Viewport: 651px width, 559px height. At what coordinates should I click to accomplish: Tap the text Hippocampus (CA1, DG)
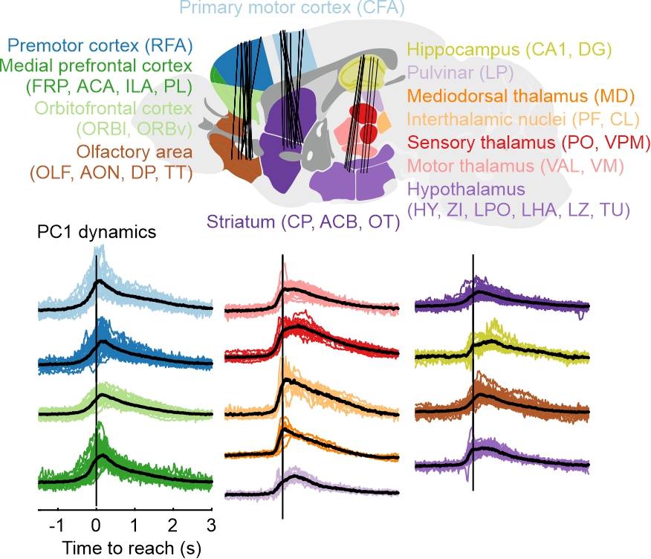[x=509, y=51]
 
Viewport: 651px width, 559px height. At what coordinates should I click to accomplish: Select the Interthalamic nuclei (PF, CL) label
[x=514, y=119]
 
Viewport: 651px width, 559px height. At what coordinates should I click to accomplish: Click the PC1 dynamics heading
[x=97, y=231]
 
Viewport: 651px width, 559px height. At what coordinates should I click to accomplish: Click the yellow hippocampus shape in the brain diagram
[x=360, y=74]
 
